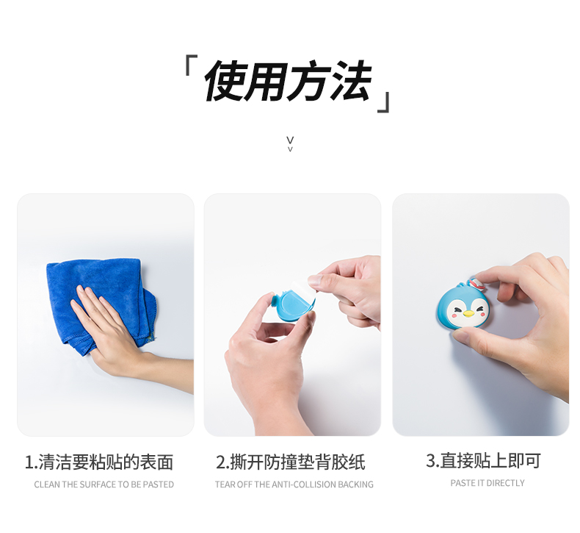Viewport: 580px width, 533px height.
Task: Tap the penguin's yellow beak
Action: (x=468, y=315)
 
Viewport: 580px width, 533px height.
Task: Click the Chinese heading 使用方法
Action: (x=287, y=81)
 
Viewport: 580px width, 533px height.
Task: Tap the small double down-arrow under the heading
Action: (x=290, y=143)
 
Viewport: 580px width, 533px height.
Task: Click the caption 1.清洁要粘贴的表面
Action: (x=99, y=462)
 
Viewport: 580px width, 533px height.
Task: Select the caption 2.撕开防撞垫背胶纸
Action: (x=291, y=462)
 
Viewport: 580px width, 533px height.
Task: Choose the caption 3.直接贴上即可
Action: (x=483, y=461)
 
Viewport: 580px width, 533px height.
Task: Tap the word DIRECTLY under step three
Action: (x=507, y=483)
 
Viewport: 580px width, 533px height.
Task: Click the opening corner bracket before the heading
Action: (x=191, y=65)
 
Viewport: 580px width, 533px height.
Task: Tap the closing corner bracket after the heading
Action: (x=383, y=102)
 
